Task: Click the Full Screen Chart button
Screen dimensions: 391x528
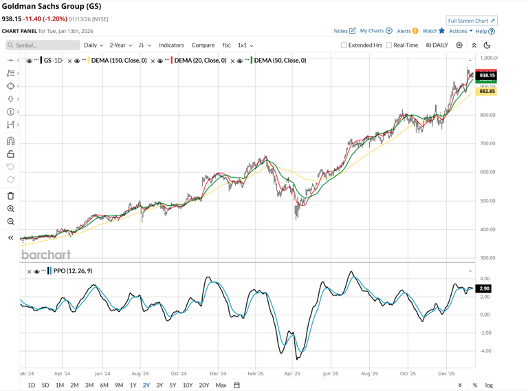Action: [471, 21]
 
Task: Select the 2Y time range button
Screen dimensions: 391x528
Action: [146, 385]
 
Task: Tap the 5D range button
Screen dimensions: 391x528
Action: [45, 385]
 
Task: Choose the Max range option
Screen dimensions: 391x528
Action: [221, 385]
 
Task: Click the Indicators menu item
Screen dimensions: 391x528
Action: [171, 45]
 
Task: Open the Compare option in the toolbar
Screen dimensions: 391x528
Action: [203, 45]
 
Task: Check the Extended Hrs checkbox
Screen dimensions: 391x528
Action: [344, 45]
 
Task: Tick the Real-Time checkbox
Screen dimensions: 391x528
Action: [389, 45]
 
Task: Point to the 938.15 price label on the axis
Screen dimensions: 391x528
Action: [487, 75]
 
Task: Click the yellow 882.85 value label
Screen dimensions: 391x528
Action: [487, 91]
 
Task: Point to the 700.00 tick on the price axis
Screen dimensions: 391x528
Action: [487, 144]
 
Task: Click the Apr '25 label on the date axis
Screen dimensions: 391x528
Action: [292, 374]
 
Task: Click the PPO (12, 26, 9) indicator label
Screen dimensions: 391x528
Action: [72, 271]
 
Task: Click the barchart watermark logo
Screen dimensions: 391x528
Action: [46, 255]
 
